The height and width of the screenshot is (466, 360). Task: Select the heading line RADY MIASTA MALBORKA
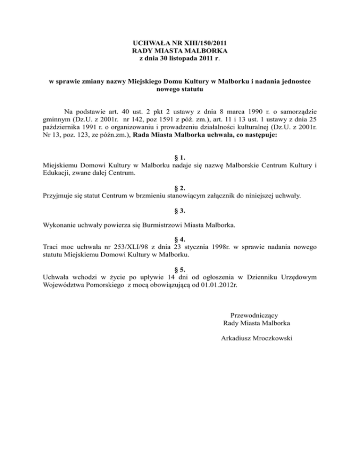(180, 51)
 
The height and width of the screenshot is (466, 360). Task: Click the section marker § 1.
(180, 158)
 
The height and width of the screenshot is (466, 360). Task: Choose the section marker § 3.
(180, 210)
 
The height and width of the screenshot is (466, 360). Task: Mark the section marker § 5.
(180, 270)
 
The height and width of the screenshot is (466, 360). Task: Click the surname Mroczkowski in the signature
(271, 337)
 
